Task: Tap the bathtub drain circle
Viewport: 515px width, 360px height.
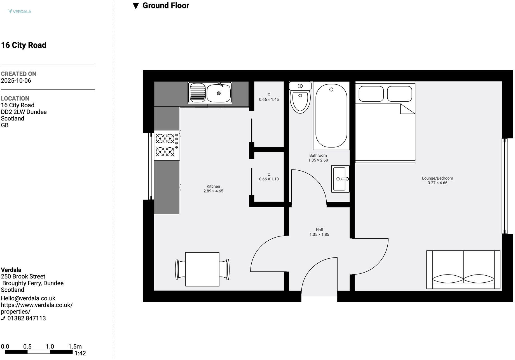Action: pyautogui.click(x=331, y=90)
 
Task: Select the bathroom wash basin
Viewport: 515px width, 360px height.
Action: pyautogui.click(x=340, y=179)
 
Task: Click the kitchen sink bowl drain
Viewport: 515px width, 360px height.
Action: pyautogui.click(x=219, y=93)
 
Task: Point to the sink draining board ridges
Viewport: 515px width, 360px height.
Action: pyautogui.click(x=198, y=93)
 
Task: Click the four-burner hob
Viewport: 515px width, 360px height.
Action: pyautogui.click(x=167, y=145)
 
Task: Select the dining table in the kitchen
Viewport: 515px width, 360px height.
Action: pyautogui.click(x=202, y=269)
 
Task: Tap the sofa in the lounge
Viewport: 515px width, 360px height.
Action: pyautogui.click(x=463, y=270)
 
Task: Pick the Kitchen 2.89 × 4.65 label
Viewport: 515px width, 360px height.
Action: pyautogui.click(x=213, y=189)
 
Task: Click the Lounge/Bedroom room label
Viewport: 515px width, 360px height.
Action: pyautogui.click(x=437, y=178)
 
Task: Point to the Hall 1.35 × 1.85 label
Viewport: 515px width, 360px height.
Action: pyautogui.click(x=319, y=232)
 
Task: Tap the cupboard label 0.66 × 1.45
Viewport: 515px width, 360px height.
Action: pyautogui.click(x=269, y=99)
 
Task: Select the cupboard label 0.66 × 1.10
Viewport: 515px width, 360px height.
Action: pyautogui.click(x=269, y=179)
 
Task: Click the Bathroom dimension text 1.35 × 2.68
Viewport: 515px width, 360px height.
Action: pyautogui.click(x=318, y=160)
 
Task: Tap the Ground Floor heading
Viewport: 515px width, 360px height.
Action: pyautogui.click(x=165, y=6)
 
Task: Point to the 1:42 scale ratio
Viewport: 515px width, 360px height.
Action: pyautogui.click(x=80, y=353)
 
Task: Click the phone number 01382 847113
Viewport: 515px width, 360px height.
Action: pyautogui.click(x=27, y=318)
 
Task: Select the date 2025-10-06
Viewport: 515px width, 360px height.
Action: pyautogui.click(x=16, y=81)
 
